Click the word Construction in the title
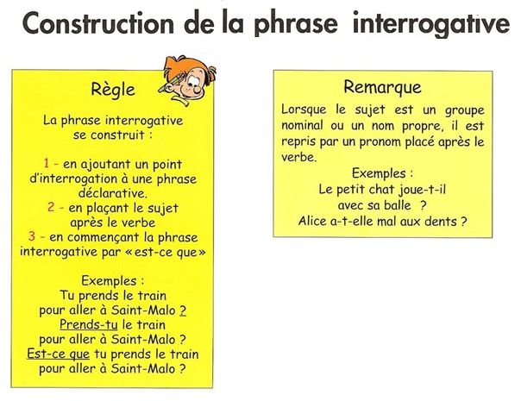tap(98, 23)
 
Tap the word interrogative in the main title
tap(431, 24)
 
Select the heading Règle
tap(113, 90)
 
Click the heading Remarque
tap(382, 87)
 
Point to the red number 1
tap(47, 163)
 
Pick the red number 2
tap(51, 207)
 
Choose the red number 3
tap(32, 236)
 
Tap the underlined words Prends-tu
tap(89, 324)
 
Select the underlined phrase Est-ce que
tap(58, 354)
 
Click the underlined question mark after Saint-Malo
tap(183, 310)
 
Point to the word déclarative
tap(113, 192)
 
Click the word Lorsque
tap(304, 110)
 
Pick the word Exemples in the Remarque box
tap(379, 173)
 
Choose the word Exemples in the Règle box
tap(109, 281)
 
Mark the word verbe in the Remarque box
tap(298, 157)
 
